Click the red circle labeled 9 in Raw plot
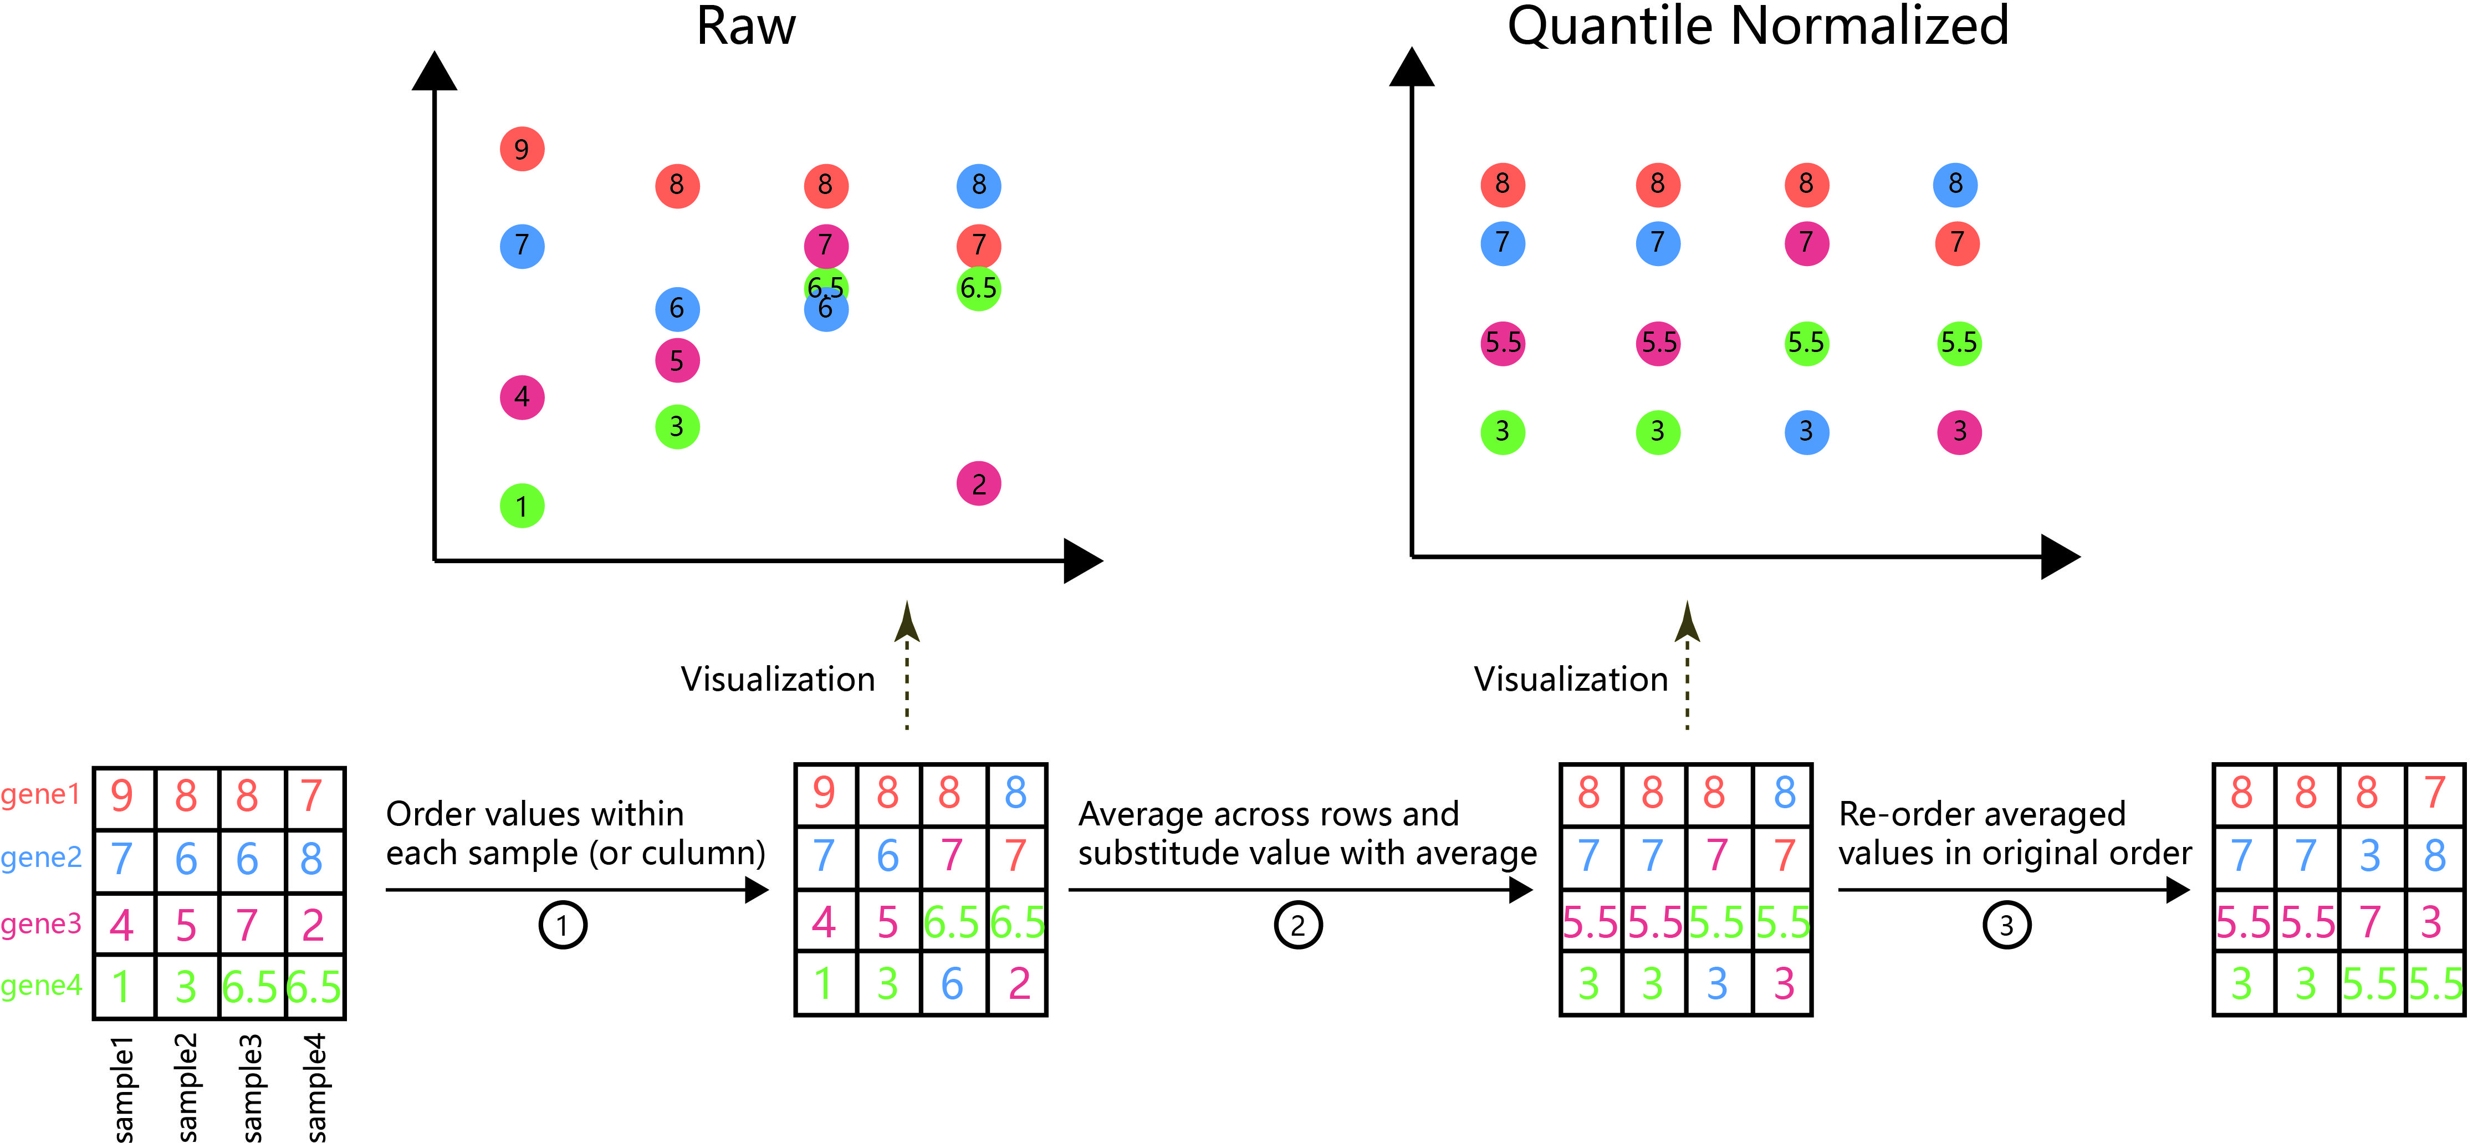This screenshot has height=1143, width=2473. [522, 149]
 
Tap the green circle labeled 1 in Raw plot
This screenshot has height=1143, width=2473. [522, 506]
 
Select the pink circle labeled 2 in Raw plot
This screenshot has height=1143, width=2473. [978, 483]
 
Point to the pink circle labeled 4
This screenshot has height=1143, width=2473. [522, 397]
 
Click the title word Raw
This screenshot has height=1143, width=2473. [746, 26]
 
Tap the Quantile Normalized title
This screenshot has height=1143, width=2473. [1758, 26]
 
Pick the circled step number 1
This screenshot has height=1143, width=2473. [563, 925]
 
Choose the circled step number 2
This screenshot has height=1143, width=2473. [1298, 925]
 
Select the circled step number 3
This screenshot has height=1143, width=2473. [2006, 925]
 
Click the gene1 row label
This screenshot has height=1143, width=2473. [40, 794]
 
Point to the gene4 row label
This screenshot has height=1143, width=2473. [40, 986]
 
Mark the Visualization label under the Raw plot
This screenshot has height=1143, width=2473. [778, 679]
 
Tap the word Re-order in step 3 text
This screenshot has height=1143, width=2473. [1896, 814]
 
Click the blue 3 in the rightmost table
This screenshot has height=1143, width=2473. [2370, 856]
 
